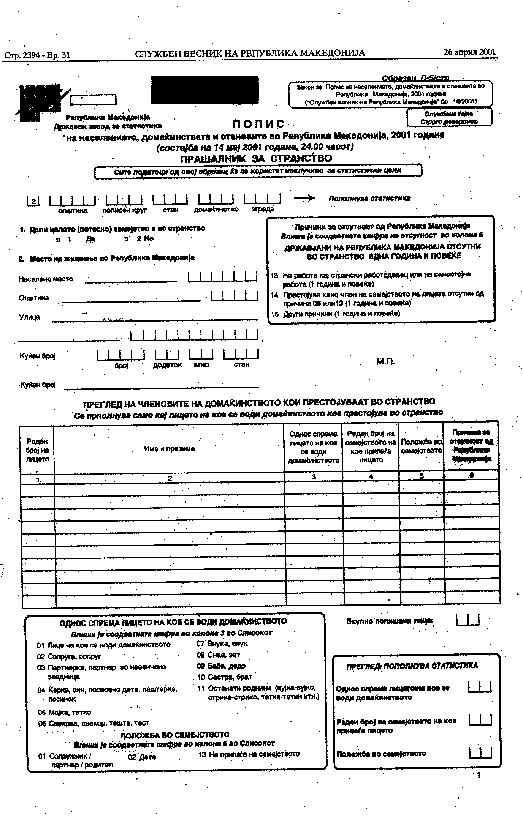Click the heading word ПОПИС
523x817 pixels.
click(x=258, y=124)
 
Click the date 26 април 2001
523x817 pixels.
click(x=469, y=52)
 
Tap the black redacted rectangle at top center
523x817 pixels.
click(x=205, y=90)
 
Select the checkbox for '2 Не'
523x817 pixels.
click(x=127, y=239)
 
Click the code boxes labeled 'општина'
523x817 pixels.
click(x=72, y=200)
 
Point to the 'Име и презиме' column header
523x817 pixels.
click(x=169, y=449)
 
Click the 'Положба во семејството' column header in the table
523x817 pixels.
click(x=422, y=446)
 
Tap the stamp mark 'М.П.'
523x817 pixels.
click(x=385, y=362)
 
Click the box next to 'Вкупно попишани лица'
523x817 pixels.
click(x=468, y=620)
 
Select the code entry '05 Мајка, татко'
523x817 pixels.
click(x=64, y=712)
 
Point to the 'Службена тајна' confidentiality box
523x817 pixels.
click(x=449, y=117)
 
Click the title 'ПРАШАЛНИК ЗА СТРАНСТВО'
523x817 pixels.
click(x=256, y=158)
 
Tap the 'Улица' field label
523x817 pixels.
click(x=29, y=317)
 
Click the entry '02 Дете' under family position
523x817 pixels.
click(x=142, y=757)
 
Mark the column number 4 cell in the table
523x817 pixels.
click(x=371, y=476)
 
